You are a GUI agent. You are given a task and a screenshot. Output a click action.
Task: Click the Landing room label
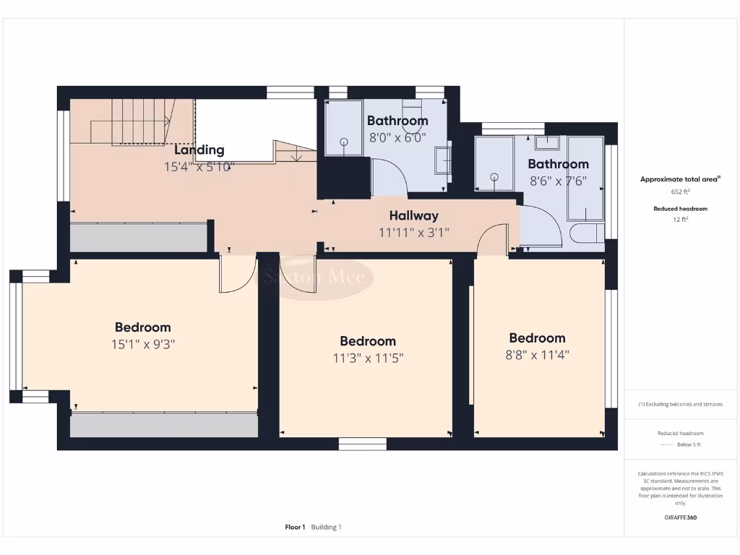pyautogui.click(x=199, y=150)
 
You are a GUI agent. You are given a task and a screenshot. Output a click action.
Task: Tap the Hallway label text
pyautogui.click(x=413, y=215)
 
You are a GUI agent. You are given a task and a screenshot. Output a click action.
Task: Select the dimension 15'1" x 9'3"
pyautogui.click(x=143, y=345)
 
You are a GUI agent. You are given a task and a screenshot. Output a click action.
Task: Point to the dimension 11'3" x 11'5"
pyautogui.click(x=368, y=358)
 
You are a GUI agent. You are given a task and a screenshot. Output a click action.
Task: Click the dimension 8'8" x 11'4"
pyautogui.click(x=537, y=355)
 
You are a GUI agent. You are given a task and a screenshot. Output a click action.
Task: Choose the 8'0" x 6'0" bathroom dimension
pyautogui.click(x=397, y=137)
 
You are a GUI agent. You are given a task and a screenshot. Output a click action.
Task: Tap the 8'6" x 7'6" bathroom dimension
pyautogui.click(x=557, y=181)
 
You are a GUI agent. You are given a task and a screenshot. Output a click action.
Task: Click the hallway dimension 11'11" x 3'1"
pyautogui.click(x=413, y=233)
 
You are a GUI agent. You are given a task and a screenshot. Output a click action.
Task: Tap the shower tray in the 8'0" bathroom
pyautogui.click(x=343, y=128)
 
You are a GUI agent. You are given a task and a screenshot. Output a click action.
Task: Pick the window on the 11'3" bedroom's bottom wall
pyautogui.click(x=362, y=444)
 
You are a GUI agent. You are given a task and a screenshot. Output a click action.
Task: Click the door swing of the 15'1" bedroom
pyautogui.click(x=238, y=275)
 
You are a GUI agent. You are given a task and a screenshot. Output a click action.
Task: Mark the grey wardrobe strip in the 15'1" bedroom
pyautogui.click(x=164, y=425)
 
